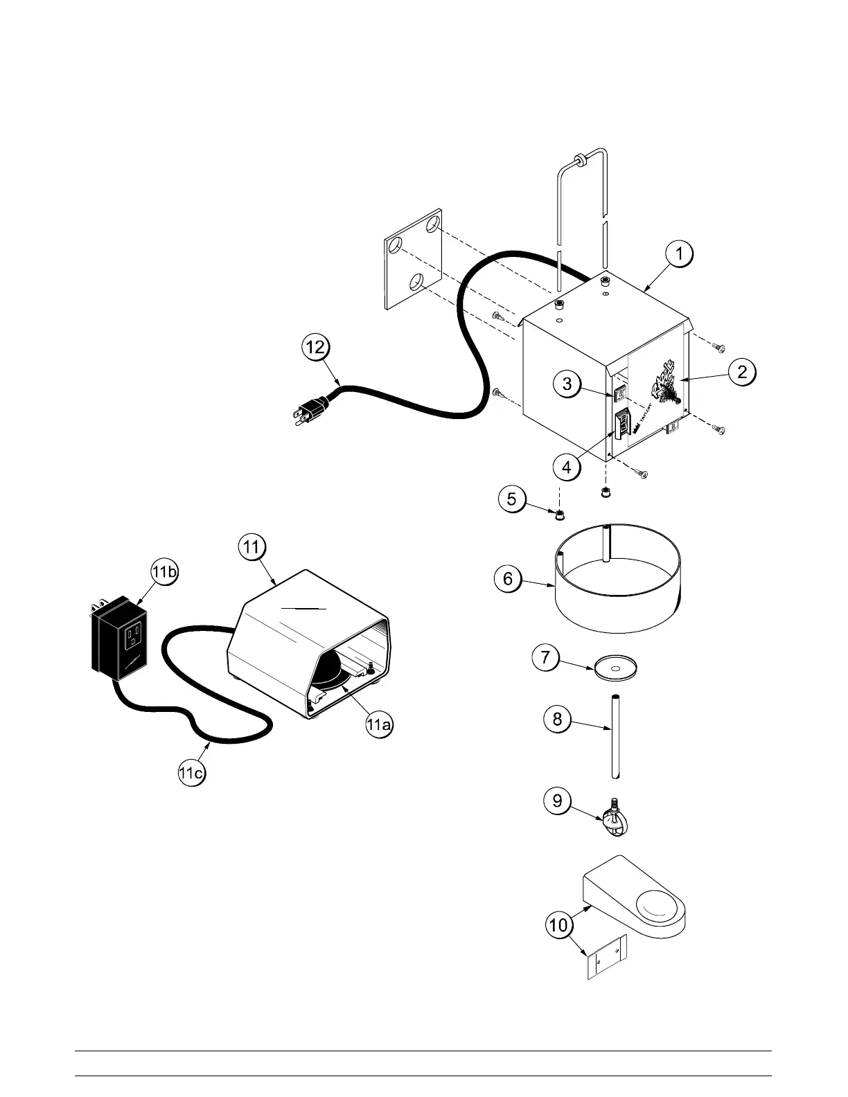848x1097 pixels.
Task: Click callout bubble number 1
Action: (680, 255)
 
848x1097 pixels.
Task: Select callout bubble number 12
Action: (315, 347)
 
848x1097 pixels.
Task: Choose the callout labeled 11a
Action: (379, 725)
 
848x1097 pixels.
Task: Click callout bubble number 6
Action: (508, 578)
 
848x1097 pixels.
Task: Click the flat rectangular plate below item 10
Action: (606, 957)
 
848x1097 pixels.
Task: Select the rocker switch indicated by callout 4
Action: (622, 424)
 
